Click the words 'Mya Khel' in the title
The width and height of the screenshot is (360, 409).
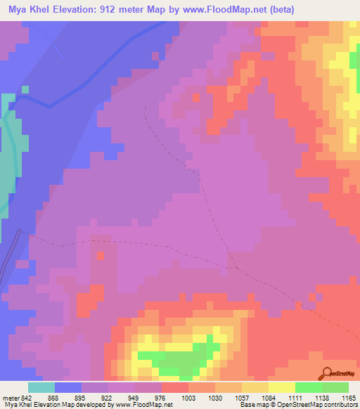click(32, 9)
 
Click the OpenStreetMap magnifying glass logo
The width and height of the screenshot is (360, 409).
click(328, 373)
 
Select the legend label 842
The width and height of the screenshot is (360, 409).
click(26, 398)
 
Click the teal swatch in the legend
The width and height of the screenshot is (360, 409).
click(41, 387)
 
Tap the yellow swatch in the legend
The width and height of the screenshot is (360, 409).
click(281, 387)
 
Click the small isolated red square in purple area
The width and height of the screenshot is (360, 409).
click(99, 255)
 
